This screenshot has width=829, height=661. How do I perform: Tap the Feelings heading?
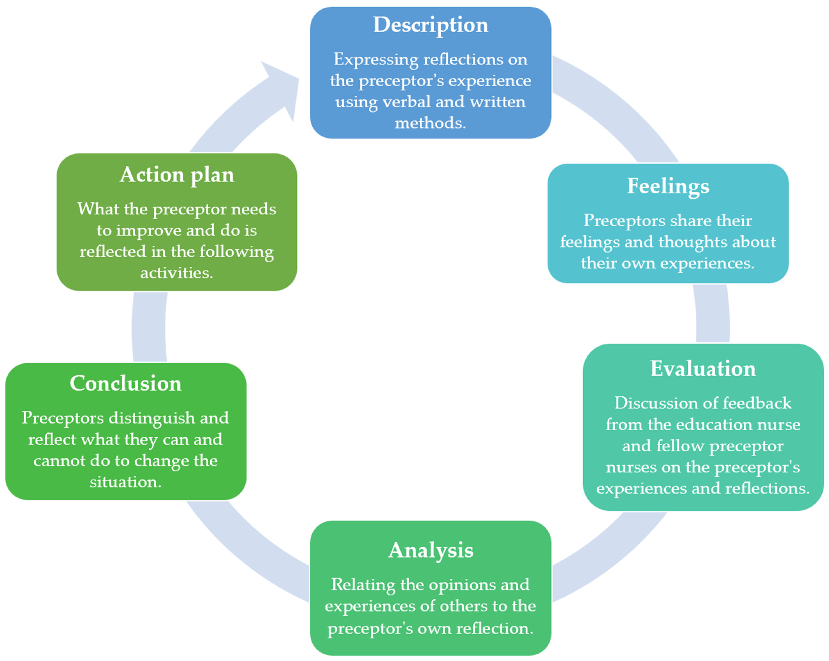coord(668,187)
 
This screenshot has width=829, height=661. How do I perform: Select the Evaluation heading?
coord(703,369)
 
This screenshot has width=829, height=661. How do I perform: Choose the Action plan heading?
coord(177,175)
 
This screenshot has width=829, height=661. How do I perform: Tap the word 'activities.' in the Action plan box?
coord(177,273)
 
